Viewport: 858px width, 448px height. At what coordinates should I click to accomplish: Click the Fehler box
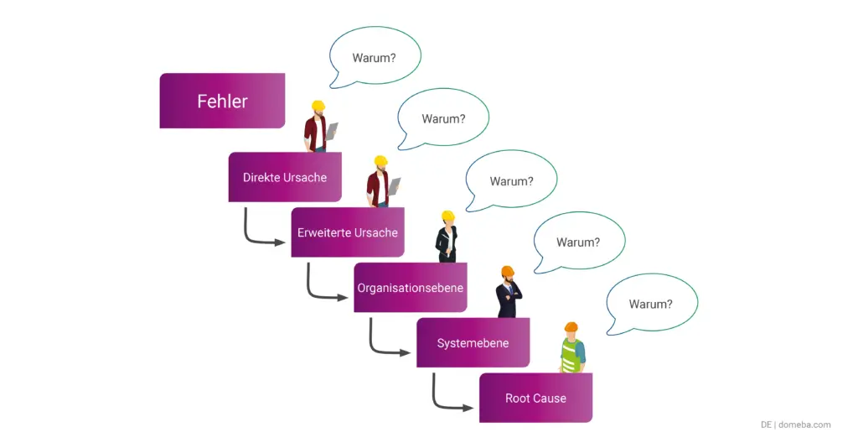222,101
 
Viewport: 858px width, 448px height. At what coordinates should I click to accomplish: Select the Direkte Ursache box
285,177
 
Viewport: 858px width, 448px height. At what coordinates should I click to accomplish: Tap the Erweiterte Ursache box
348,232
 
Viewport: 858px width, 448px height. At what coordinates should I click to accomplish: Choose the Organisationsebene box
411,287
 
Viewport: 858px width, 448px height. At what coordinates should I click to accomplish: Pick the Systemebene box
473,342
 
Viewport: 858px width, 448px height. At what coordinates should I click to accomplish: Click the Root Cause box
535,398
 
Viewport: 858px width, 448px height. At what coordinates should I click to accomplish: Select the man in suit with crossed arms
508,293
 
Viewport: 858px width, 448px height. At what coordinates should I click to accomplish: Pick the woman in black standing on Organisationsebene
447,237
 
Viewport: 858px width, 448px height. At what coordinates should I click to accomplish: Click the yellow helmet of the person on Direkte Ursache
318,107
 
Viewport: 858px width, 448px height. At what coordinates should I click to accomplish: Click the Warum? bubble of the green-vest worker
651,304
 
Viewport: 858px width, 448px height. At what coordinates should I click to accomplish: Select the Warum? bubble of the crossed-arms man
578,242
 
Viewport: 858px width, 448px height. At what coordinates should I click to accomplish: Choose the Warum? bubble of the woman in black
511,180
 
